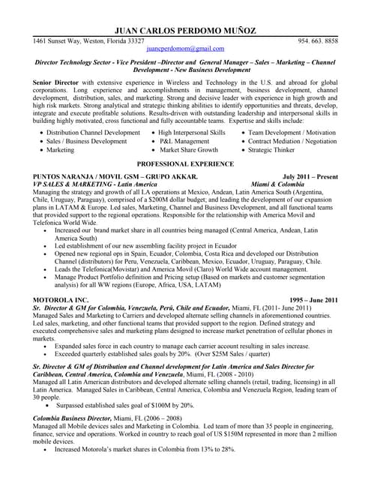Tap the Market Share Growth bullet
point(188,150)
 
